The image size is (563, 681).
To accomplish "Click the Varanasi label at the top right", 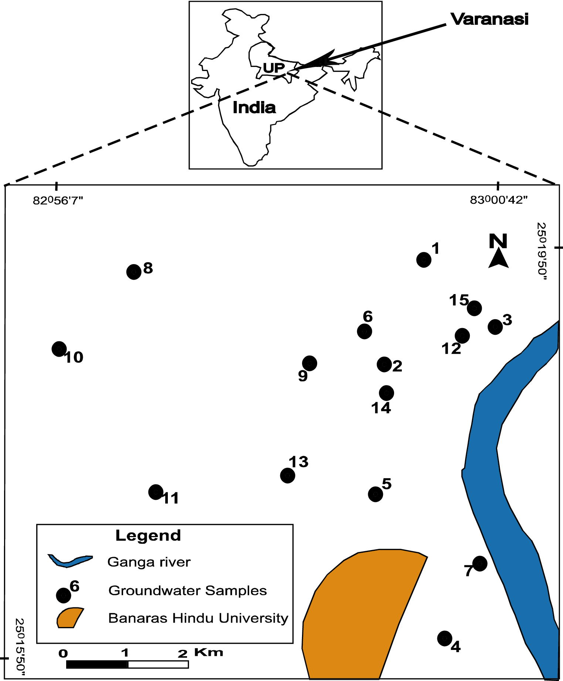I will [489, 19].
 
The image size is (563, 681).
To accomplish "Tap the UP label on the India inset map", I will [274, 68].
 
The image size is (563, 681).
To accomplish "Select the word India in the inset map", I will [254, 108].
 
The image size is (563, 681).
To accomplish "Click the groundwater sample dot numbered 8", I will [134, 272].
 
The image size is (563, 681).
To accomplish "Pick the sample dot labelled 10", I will [59, 349].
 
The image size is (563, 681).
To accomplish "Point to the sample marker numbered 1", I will [424, 260].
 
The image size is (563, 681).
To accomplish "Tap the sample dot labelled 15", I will [474, 308].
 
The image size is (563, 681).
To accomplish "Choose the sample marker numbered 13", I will [288, 475].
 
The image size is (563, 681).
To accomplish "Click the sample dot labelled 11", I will [156, 492].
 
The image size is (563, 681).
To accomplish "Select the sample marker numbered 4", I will [445, 638].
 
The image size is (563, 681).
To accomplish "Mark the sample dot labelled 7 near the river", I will [480, 563].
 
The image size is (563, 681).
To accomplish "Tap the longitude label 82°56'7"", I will [58, 200].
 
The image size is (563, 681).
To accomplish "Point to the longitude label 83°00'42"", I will [498, 200].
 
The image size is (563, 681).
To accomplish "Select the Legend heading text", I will [148, 535].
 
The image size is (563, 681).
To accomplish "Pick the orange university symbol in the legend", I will [69, 618].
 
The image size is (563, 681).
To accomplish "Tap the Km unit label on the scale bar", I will [208, 652].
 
